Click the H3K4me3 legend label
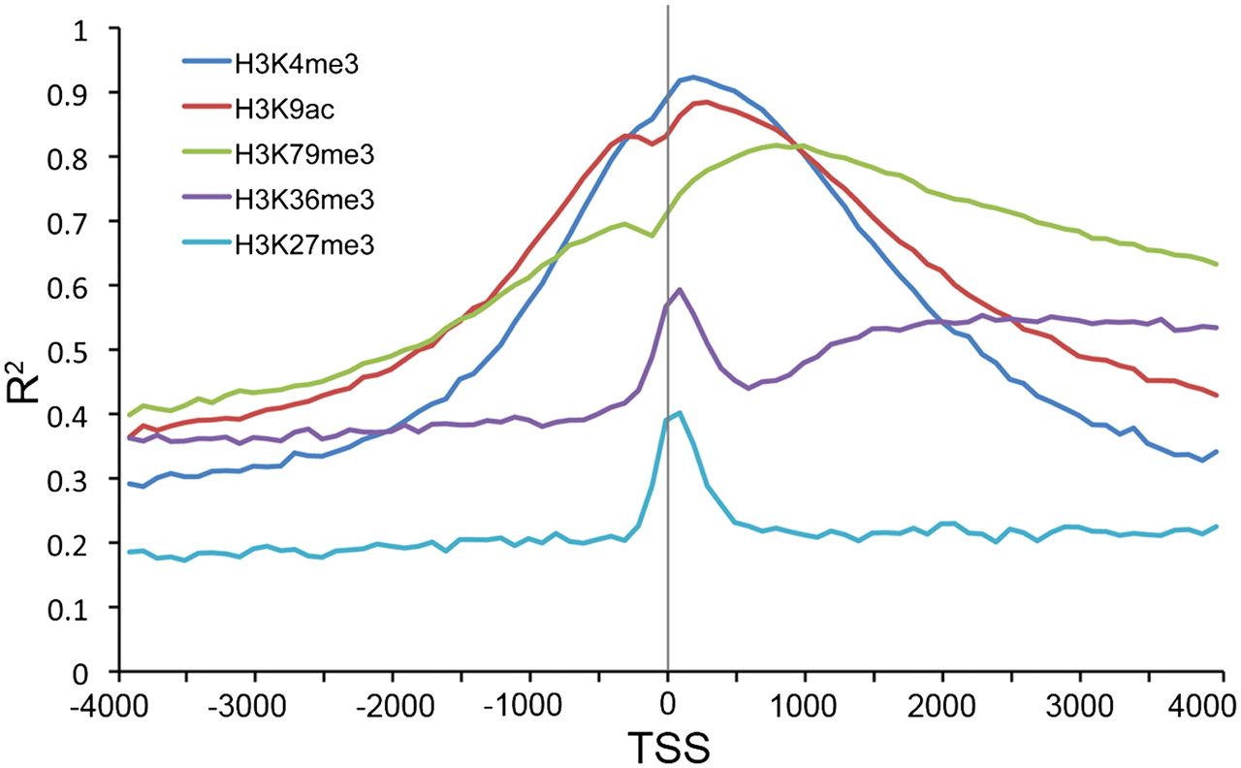(x=278, y=64)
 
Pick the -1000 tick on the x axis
(x=529, y=699)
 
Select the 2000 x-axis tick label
(x=942, y=699)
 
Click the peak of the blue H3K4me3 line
(x=692, y=77)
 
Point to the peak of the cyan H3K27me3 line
(x=680, y=412)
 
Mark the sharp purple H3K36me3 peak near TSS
(x=680, y=289)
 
